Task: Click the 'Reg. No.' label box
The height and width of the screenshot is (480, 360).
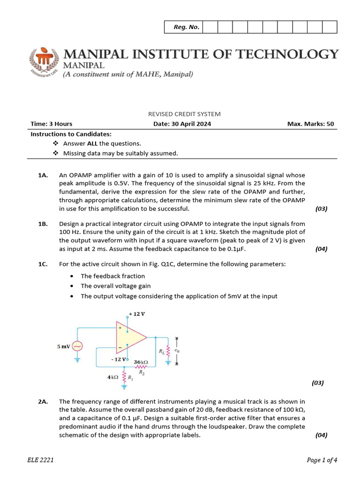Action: (x=187, y=27)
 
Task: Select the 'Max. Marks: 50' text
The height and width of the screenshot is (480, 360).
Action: (x=311, y=124)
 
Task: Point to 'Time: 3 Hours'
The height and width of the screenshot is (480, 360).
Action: (x=52, y=124)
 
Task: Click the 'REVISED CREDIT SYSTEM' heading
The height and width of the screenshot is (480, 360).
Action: (x=184, y=114)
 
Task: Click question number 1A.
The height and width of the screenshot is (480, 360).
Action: (x=43, y=175)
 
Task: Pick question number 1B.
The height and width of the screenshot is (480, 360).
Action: (x=43, y=224)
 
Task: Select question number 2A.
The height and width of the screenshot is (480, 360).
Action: (x=44, y=401)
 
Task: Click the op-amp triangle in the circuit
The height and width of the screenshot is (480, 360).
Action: (x=132, y=337)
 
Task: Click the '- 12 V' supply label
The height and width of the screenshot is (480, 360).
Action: (x=118, y=359)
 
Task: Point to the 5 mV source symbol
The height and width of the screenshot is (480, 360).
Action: (x=77, y=346)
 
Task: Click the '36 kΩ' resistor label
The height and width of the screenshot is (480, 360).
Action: (x=141, y=362)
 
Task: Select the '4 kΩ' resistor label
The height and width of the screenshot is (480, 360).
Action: (x=112, y=376)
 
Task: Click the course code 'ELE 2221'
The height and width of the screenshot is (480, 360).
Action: (x=40, y=460)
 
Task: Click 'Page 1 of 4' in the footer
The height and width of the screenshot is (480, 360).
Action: (x=322, y=460)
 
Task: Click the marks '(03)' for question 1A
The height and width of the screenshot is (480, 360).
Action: (x=321, y=209)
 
